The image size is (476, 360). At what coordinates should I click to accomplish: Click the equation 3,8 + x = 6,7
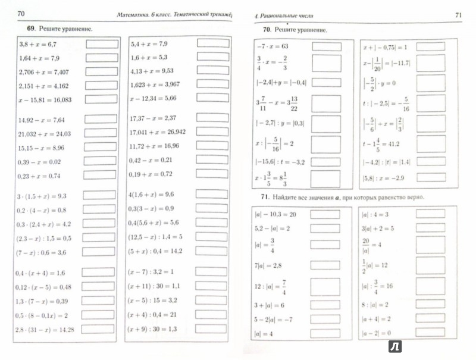pyautogui.click(x=38, y=44)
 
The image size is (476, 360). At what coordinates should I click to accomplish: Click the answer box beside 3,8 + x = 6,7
pyautogui.click(x=102, y=43)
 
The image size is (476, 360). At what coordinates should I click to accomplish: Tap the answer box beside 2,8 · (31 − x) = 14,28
pyautogui.click(x=102, y=328)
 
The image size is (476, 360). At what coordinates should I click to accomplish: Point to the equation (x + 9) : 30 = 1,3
pyautogui.click(x=154, y=328)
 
